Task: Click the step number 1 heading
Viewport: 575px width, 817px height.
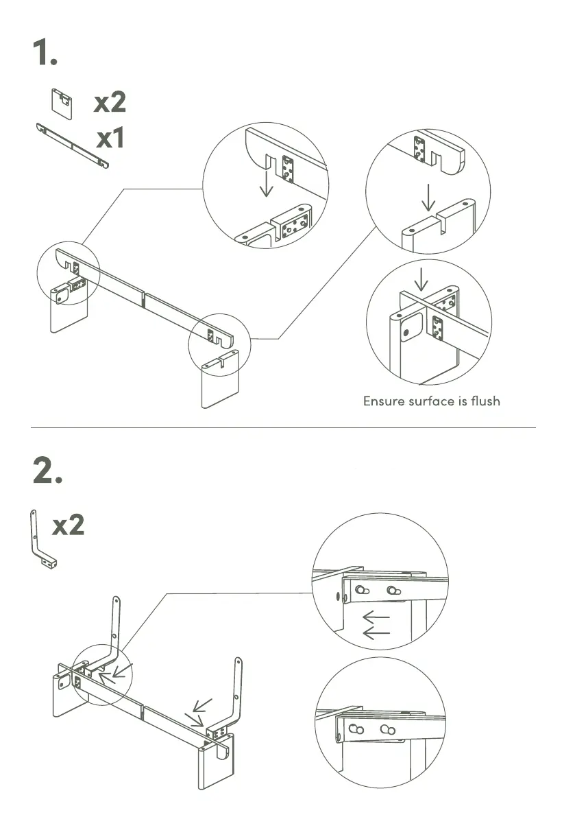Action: (45, 54)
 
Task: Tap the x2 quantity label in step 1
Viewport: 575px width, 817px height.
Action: (110, 103)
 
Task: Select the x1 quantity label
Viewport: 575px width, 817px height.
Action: (110, 139)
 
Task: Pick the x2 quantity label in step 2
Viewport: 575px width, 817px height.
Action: (69, 526)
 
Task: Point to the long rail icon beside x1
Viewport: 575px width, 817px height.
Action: (71, 145)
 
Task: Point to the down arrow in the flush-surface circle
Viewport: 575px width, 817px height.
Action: (421, 279)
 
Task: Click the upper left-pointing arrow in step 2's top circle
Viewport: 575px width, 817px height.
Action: (376, 617)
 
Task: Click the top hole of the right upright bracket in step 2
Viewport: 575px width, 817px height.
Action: (238, 663)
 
